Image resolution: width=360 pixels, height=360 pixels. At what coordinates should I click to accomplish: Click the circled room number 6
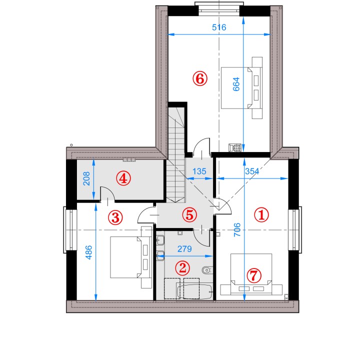(199, 78)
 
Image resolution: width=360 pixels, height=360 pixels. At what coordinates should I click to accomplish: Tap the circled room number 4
(123, 178)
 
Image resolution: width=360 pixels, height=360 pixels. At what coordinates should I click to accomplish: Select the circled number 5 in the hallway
(189, 215)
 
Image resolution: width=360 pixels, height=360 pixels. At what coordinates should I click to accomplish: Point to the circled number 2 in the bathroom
(182, 267)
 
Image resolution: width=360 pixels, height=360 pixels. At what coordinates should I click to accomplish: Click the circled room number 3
(115, 217)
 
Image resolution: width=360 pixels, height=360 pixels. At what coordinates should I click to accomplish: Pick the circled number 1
(261, 215)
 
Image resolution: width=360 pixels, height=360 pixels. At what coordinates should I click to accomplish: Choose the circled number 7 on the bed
(254, 275)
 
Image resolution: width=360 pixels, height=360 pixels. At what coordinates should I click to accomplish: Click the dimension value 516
(219, 27)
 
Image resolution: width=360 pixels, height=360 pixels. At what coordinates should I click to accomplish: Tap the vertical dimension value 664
(236, 84)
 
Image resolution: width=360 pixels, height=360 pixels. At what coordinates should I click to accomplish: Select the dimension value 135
(199, 171)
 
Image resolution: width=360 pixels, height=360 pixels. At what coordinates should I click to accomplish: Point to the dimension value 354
(252, 171)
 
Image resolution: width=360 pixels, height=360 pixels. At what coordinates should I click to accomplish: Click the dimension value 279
(184, 249)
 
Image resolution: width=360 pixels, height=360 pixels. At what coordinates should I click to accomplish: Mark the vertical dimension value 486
(88, 252)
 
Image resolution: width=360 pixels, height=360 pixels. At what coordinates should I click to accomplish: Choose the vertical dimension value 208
(86, 178)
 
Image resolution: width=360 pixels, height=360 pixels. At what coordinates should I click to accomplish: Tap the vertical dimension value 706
(237, 229)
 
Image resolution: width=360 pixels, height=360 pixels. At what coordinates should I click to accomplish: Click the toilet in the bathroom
(207, 270)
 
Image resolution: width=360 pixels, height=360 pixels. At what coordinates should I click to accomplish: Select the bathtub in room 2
(194, 291)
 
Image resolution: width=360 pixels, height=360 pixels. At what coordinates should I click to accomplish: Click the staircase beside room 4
(176, 154)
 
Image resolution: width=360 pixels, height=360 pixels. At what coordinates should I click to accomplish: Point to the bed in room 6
(241, 88)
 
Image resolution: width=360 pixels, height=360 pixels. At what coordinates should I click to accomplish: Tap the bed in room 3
(131, 257)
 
